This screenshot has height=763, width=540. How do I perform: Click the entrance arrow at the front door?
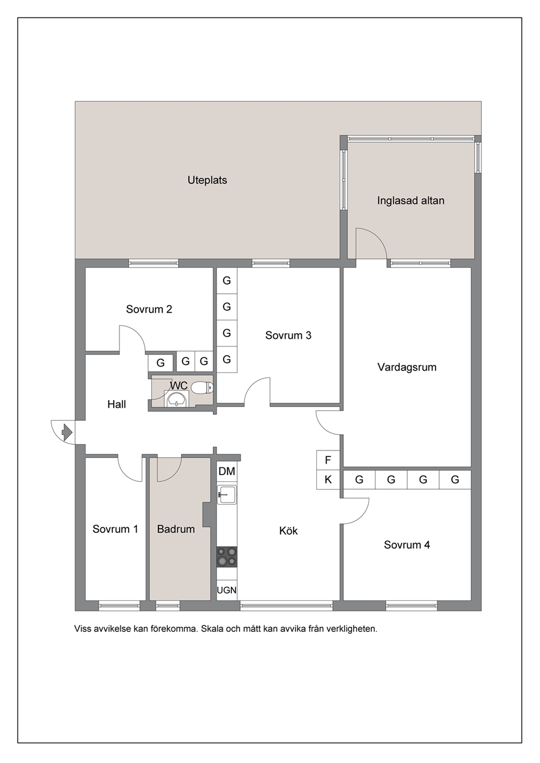point(67,432)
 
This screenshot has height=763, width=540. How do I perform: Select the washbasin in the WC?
point(176,399)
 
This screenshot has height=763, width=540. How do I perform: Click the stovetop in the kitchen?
point(227,557)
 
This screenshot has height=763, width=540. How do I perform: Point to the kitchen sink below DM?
point(226,495)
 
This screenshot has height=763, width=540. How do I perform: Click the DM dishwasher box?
point(227,472)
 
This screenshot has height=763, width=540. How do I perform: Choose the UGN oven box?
point(227,590)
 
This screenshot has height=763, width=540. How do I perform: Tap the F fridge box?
point(328,460)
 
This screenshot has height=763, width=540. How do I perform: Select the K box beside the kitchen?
point(328,480)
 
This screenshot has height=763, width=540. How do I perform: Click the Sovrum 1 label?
point(115,529)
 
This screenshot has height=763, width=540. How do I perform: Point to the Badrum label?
point(176,529)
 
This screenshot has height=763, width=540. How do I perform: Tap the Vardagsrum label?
point(407,367)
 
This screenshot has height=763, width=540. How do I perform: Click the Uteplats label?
point(207,180)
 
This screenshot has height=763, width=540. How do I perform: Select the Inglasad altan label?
point(411,201)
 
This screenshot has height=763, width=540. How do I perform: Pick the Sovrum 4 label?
point(407,545)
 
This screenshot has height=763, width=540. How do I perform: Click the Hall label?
point(116,404)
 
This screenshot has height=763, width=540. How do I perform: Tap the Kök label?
point(289,531)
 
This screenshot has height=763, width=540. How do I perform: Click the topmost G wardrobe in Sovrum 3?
point(227,281)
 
